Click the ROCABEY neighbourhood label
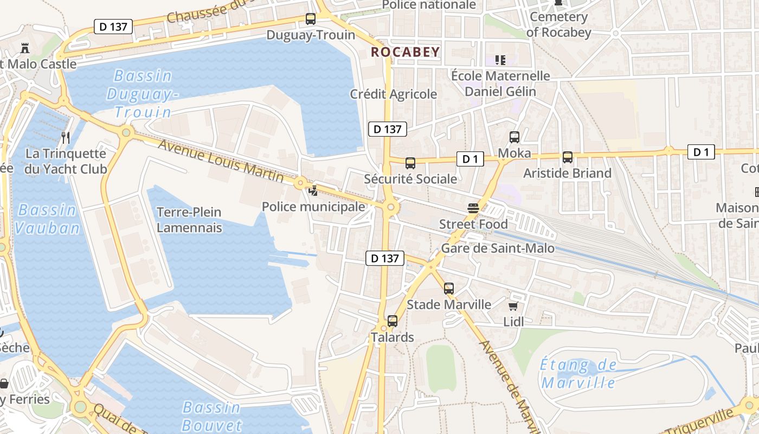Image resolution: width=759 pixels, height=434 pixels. (405, 52)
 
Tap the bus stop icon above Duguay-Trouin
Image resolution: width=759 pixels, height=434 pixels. (311, 19)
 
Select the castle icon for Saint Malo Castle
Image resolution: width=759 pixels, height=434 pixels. (24, 48)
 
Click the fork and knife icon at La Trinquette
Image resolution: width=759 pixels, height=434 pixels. (66, 137)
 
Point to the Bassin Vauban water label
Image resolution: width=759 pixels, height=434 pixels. (47, 219)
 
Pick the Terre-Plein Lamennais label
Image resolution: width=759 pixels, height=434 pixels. (189, 220)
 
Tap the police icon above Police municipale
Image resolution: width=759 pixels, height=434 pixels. (313, 190)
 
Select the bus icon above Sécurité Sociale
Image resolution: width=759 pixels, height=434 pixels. (410, 163)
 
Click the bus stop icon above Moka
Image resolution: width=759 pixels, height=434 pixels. (514, 137)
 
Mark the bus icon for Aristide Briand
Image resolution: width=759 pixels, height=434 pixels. (568, 157)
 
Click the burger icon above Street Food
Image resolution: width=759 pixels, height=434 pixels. (473, 208)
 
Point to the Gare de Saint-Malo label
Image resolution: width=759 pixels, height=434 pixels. (498, 248)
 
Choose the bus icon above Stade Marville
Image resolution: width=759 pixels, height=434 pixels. (449, 289)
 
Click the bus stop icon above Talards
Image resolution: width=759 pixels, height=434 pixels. (393, 321)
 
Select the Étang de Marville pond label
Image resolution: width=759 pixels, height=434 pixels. (578, 374)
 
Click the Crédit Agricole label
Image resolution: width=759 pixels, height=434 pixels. (393, 94)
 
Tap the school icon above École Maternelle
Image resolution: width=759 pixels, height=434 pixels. (500, 60)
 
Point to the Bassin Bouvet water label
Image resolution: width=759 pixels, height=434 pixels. (211, 416)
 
